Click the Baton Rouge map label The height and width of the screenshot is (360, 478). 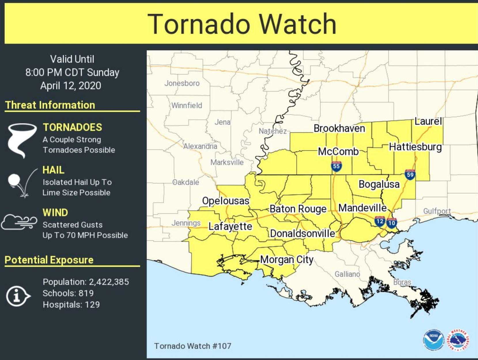click(x=298, y=209)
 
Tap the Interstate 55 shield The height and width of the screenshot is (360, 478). click(x=336, y=166)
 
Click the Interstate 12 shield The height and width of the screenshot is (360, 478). click(x=380, y=221)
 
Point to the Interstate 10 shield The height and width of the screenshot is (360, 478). click(x=392, y=223)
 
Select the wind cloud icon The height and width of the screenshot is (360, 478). click(x=19, y=222)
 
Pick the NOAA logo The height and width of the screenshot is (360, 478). click(x=433, y=340)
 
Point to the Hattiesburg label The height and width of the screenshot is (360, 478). click(x=415, y=147)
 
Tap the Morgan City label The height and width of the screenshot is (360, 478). click(x=287, y=259)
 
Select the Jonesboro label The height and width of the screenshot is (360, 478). click(x=182, y=83)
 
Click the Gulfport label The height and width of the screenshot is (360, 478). click(x=437, y=211)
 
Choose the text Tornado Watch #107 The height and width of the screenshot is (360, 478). click(x=192, y=346)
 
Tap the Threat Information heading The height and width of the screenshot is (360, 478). click(x=50, y=105)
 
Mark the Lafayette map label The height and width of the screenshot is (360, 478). click(x=230, y=226)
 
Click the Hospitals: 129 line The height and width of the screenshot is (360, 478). click(x=71, y=304)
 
